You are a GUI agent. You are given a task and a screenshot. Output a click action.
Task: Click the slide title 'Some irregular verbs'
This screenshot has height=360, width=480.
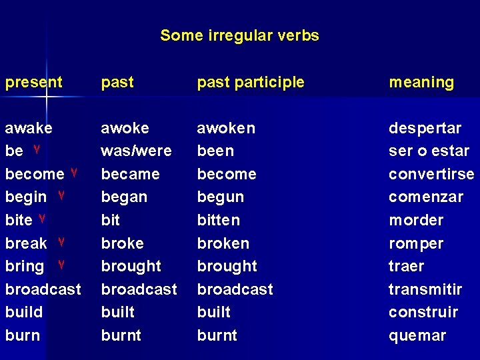pos(239,36)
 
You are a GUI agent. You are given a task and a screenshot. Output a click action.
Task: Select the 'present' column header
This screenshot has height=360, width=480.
pos(33,83)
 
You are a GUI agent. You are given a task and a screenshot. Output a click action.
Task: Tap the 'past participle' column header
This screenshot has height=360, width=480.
pos(250,83)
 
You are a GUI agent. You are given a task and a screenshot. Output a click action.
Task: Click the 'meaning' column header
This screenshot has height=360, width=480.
pos(421,83)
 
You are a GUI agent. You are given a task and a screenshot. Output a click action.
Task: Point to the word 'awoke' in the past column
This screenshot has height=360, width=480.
pos(125,128)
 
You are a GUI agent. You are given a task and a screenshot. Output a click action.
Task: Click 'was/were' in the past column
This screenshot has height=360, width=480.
pos(136,151)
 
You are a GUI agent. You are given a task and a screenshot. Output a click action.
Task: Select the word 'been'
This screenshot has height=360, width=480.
pos(215,151)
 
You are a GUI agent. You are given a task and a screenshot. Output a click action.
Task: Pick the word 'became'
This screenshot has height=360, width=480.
pos(130,175)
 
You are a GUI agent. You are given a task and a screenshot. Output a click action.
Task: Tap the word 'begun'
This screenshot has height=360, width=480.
pos(220,197)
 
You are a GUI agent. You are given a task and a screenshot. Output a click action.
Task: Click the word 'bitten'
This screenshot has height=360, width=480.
pos(218,221)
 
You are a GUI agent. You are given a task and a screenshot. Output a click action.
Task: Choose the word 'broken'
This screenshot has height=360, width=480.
pos(223,243)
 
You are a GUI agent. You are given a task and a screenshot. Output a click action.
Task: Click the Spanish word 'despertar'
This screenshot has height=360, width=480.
pos(425,128)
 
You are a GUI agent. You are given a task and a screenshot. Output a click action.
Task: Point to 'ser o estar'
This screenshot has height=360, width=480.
pos(429,151)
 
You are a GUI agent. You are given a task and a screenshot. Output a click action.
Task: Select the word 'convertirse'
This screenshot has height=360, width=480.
pos(431,175)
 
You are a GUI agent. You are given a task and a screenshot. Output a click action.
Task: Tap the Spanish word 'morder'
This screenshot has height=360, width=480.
pos(416,221)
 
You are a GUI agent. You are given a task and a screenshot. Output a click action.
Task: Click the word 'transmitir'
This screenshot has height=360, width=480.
pos(425,289)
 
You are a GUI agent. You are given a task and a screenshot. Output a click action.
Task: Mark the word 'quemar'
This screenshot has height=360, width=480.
pos(417,335)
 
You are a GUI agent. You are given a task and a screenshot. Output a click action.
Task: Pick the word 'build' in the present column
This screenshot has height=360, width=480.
pos(24,312)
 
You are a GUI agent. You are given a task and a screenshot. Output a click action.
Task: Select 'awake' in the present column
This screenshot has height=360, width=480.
pos(29,128)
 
